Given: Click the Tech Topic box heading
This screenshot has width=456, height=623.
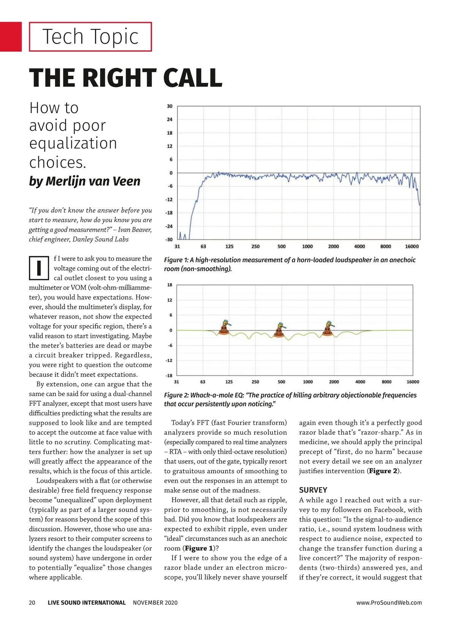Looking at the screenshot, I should pos(90,37).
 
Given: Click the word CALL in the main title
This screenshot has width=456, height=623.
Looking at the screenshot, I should pos(193,78).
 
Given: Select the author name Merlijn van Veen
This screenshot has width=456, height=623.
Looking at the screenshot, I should pos(85,181).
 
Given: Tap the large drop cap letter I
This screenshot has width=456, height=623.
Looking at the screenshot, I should pos(39,268).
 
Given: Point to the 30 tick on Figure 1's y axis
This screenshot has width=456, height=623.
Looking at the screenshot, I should pos(169,106).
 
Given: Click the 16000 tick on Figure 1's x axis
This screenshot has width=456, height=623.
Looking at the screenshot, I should pos(412,246).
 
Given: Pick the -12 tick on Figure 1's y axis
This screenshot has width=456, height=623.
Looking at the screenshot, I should pos(169,199).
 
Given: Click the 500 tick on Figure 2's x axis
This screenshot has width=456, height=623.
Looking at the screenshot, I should pos(281,382).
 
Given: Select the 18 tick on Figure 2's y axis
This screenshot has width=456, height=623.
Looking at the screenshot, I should pos(169,285).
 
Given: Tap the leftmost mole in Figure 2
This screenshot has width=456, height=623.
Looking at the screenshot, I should pos(224,328).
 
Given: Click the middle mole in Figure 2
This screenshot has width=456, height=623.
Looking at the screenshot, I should pos(279,330).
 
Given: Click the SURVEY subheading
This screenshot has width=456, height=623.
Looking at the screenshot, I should pos(313,490).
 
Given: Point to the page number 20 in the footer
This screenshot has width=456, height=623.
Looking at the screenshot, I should pos(32,602).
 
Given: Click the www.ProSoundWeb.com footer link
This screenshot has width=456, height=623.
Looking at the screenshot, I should pos(389,602).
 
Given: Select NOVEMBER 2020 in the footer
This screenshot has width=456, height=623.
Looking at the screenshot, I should pos(155,602).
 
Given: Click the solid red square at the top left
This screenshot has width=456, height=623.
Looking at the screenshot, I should pos(11,37).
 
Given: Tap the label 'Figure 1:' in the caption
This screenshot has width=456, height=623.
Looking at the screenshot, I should pos(176,260).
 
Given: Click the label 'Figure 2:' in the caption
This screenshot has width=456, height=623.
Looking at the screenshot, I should pos(176,395).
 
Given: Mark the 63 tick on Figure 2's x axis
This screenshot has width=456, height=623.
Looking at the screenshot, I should pos(203,382).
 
